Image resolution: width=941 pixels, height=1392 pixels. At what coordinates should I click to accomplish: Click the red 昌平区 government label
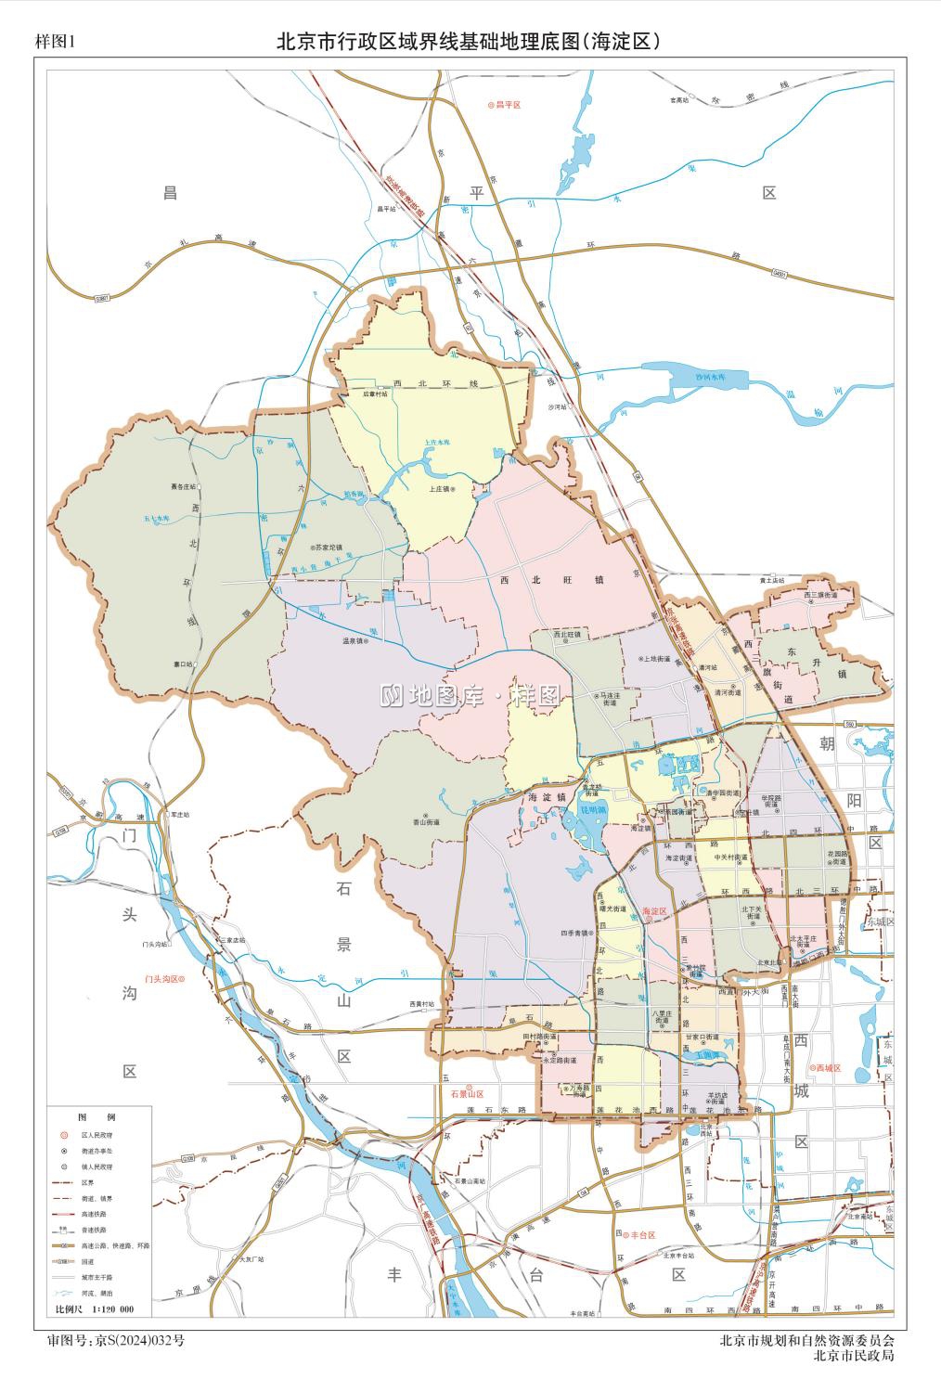click(509, 106)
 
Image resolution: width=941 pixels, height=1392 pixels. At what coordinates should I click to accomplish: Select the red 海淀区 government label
click(655, 913)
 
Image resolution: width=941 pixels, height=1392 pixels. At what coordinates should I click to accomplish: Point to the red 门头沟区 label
click(164, 978)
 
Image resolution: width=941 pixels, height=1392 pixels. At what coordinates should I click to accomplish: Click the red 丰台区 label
click(641, 1235)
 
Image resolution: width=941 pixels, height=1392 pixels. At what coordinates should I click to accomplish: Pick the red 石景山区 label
click(461, 1094)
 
